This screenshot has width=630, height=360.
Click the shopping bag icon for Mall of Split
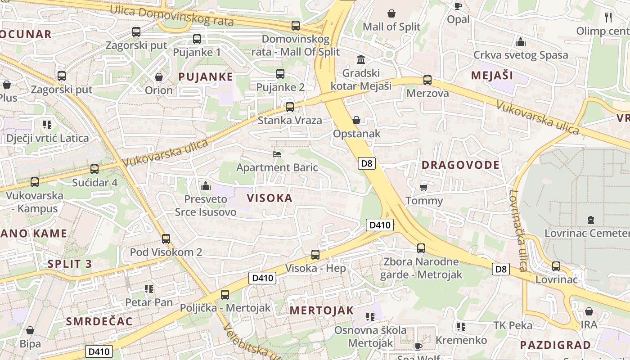(391, 13)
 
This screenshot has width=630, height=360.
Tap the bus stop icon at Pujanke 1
(197, 39)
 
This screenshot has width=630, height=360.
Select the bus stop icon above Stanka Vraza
(290, 107)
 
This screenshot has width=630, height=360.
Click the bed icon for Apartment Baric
(277, 154)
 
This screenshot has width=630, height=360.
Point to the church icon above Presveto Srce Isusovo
(206, 185)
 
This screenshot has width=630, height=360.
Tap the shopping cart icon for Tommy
(423, 187)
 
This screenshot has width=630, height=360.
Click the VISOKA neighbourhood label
(270, 198)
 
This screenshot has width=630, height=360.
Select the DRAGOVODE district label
(460, 165)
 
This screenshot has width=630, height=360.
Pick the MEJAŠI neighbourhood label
(492, 75)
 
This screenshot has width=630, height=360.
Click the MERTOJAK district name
(321, 310)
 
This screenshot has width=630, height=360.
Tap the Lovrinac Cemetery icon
(590, 220)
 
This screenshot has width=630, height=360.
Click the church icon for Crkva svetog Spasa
(521, 42)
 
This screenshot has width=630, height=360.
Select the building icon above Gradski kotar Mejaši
(361, 59)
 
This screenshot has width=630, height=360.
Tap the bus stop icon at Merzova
(427, 80)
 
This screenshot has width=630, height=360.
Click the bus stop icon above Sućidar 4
(94, 169)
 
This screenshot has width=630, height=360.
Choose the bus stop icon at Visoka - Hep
(315, 255)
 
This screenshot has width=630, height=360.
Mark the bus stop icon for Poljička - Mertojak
(225, 295)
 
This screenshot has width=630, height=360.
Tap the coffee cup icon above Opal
(458, 6)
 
